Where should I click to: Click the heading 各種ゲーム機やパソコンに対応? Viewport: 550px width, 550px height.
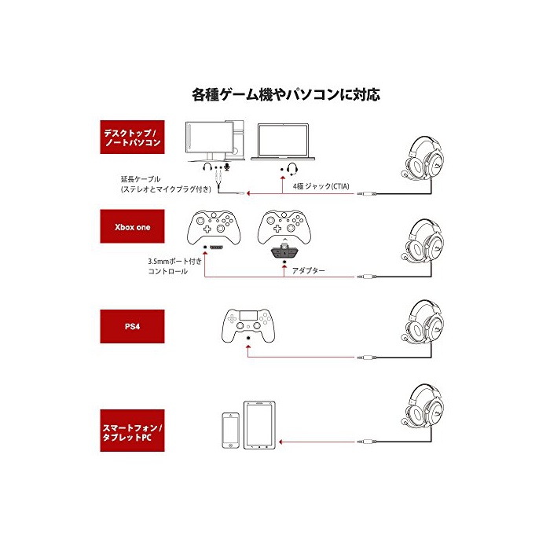285,95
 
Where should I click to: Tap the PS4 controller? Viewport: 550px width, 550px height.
248,322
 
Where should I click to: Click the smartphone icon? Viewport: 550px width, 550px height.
230,431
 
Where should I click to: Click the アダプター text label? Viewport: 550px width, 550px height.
308,270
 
